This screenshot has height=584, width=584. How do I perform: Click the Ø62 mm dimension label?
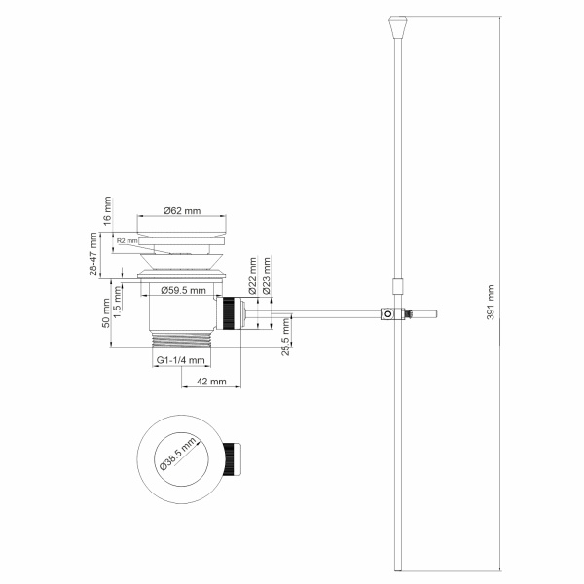click(182, 211)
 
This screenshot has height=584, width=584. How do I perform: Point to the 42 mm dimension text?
click(205, 382)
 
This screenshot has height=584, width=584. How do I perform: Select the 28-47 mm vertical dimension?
click(93, 254)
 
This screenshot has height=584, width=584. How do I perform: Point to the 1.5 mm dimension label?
click(117, 298)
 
